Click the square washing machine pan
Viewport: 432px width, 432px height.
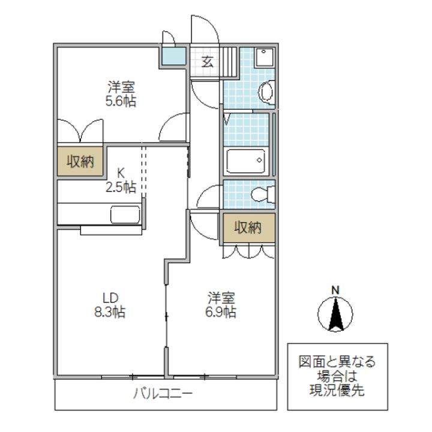point(263,58)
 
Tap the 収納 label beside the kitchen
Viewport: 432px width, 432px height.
point(80,161)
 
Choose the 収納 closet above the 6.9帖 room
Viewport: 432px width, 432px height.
point(248,227)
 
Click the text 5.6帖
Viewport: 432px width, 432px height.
point(121,101)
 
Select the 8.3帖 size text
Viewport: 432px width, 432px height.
point(109,312)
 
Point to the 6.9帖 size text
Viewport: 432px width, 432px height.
point(221,312)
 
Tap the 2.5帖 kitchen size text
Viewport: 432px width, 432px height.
point(121,187)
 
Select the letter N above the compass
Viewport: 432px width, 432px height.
point(336,291)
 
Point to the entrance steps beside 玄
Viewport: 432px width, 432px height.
point(227,61)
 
